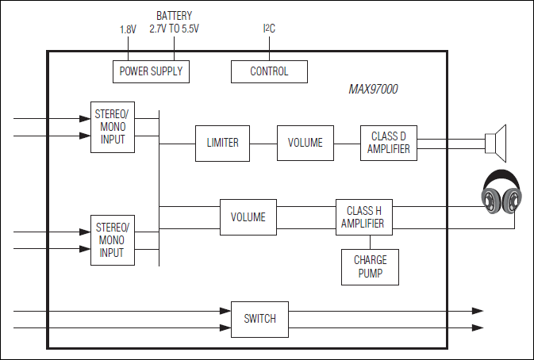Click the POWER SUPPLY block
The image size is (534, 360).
[x=151, y=71]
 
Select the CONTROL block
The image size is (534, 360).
[x=269, y=71]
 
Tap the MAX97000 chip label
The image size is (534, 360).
[x=373, y=90]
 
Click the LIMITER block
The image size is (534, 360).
[x=222, y=144]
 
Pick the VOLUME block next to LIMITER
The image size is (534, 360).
[x=305, y=144]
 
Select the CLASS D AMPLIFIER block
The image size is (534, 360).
[x=389, y=144]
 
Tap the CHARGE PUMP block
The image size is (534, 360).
[x=370, y=267]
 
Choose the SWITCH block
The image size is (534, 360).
[x=259, y=319]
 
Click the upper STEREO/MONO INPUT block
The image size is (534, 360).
[x=112, y=127]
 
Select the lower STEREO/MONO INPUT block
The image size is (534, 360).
[x=112, y=239]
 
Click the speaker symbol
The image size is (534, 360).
[x=495, y=143]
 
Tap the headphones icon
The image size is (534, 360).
[x=502, y=193]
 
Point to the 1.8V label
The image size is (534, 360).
[x=128, y=29]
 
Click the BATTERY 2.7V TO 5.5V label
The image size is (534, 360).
[x=174, y=22]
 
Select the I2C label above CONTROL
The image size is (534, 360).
[x=269, y=29]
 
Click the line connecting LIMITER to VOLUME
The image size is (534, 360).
[x=263, y=144]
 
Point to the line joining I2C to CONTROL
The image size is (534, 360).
[x=269, y=48]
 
